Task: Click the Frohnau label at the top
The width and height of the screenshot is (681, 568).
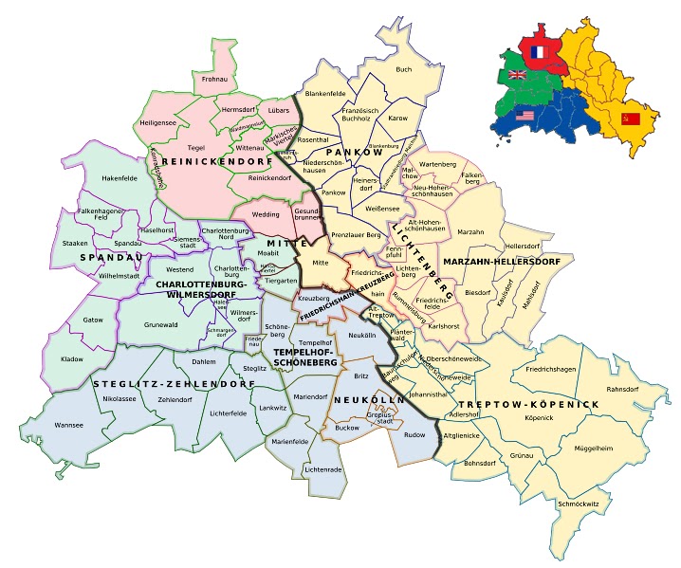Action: click(x=215, y=81)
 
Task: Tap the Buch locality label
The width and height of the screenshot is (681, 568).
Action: click(x=404, y=69)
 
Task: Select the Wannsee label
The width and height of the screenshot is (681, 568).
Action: click(x=70, y=426)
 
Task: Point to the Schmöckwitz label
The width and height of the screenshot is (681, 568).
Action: click(x=580, y=504)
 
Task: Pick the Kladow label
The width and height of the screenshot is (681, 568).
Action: click(x=72, y=360)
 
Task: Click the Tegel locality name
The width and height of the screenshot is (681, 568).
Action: click(x=196, y=147)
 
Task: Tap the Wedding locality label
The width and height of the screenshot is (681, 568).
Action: click(x=265, y=215)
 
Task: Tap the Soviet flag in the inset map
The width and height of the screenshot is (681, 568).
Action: click(x=627, y=119)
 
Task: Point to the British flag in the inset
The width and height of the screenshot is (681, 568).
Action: click(x=517, y=75)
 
